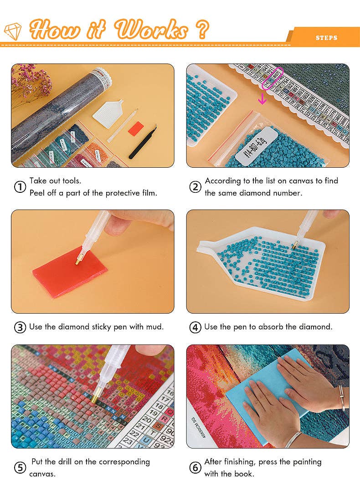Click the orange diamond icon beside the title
pos(13,31)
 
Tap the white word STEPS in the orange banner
pos(326,37)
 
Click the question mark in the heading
pos(202,30)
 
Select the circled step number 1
pos(20,187)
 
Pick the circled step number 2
pos(195,187)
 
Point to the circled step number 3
pos(20,327)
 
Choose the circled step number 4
pos(195,327)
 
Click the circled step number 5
pos(20,468)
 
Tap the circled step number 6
pos(195,468)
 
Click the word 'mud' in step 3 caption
pos(155,327)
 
